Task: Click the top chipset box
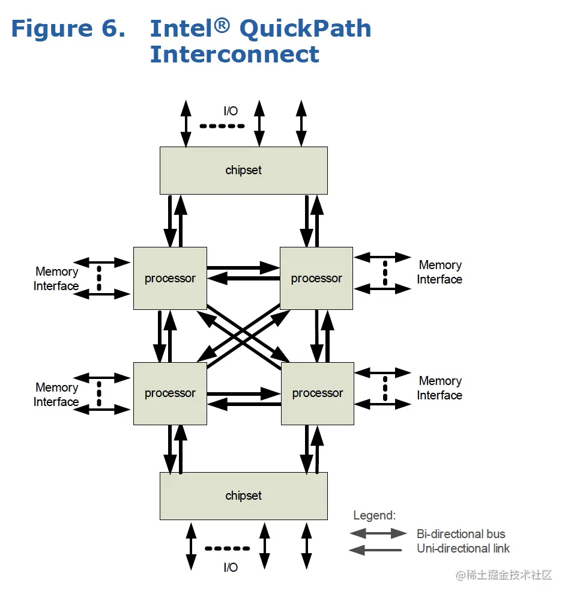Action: pos(244,171)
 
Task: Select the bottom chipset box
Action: pos(244,496)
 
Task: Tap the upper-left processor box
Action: pos(170,278)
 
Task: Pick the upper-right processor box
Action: pos(316,278)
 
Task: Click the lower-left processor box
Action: pos(170,393)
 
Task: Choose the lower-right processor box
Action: pos(318,393)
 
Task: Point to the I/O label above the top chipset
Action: pos(231,111)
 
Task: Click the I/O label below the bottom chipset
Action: pos(231,568)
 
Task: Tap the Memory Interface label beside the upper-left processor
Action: pos(56,279)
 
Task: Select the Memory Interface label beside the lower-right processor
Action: pos(440,388)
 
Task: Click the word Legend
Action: pos(374,515)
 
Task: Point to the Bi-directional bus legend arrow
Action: pos(378,533)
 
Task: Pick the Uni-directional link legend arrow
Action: pos(375,550)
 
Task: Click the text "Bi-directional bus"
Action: pos(461,534)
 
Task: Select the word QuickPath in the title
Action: pos(306,29)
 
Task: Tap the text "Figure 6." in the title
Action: pos(68,29)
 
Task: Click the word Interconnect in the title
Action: pos(235,54)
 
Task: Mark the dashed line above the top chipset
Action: pos(222,126)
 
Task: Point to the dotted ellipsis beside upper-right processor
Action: pos(385,273)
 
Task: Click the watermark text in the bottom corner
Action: pos(504,575)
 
